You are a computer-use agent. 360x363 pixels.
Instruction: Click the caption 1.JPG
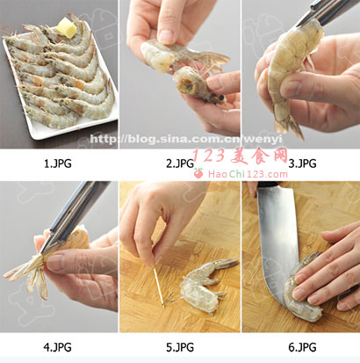pos(58,163)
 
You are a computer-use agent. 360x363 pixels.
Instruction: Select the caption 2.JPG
pos(180,163)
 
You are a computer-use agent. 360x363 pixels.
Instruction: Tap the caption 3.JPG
pos(302,163)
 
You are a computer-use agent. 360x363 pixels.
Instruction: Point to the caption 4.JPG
pos(58,347)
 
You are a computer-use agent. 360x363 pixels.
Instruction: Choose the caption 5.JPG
pos(180,347)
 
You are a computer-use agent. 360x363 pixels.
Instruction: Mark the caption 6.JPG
pos(302,347)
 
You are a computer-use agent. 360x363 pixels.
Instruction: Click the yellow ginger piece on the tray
pos(67,28)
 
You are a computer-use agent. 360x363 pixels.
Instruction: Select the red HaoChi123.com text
pos(248,174)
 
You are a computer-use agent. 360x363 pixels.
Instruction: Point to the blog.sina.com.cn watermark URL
pos(186,139)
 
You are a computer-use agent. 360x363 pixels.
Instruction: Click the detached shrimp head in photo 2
pos(199,86)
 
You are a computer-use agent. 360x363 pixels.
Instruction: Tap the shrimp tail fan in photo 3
pos(288,125)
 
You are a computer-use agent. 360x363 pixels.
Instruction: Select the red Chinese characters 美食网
pos(259,156)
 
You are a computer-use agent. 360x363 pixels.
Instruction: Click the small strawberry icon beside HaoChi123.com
pos(198,173)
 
